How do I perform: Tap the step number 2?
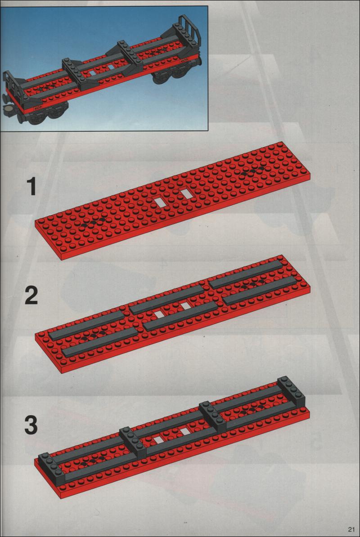coord(31,296)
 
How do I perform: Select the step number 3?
coord(31,425)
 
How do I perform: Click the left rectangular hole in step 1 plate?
coord(160,202)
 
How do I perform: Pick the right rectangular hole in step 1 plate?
coord(187,193)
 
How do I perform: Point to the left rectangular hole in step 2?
coord(157,313)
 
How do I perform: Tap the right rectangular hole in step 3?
coord(185,432)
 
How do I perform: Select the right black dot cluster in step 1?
coord(252,171)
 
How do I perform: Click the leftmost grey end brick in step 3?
coord(52,468)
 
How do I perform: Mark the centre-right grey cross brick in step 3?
coord(213,416)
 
